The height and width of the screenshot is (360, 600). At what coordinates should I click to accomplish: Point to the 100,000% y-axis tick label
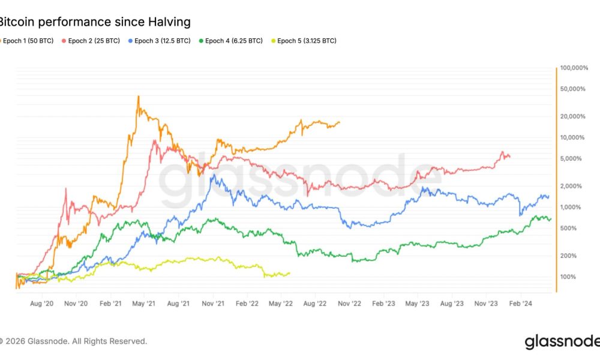[x=575, y=68]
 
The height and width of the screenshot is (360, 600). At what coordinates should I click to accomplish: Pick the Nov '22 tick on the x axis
[x=349, y=304]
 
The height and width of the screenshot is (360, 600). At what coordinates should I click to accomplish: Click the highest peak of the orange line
[x=139, y=96]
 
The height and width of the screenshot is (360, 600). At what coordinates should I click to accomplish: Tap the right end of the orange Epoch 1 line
[x=340, y=122]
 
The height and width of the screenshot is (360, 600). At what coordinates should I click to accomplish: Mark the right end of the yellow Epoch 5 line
[x=290, y=273]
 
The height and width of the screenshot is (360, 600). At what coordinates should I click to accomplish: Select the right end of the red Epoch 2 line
[x=510, y=157]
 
